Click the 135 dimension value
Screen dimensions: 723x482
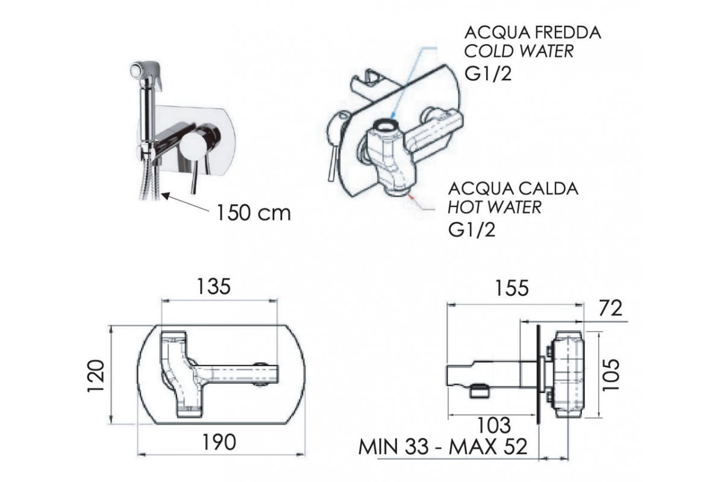click(214, 286)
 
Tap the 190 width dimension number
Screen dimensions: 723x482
click(219, 442)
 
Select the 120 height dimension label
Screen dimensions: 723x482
click(96, 375)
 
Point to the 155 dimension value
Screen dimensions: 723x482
click(512, 288)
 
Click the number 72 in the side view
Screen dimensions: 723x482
click(610, 308)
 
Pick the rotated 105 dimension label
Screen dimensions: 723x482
click(611, 375)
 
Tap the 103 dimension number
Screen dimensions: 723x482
click(494, 425)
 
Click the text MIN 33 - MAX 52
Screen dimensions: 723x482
click(443, 447)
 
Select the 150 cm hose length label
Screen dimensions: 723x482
click(254, 213)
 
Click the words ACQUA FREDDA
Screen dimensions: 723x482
click(533, 33)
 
